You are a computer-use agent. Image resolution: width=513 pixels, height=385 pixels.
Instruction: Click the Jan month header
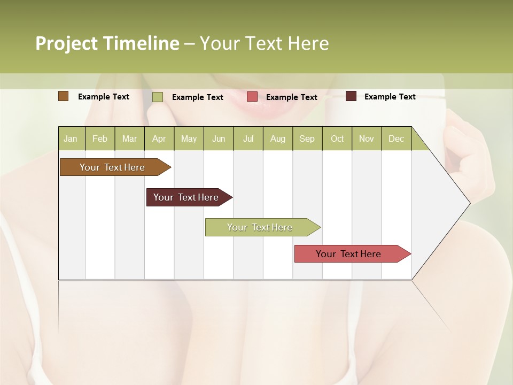71,138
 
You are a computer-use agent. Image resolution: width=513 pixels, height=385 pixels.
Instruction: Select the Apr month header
159,138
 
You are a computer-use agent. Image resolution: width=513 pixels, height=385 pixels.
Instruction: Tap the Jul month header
248,138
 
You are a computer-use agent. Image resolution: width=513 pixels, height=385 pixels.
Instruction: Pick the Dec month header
396,138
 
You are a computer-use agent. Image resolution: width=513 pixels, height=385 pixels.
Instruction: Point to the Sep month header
307,138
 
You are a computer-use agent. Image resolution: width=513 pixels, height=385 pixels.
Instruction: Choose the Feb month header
100,138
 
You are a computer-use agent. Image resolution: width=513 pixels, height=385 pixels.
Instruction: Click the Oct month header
337,138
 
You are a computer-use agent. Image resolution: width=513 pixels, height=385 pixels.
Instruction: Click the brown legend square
63,96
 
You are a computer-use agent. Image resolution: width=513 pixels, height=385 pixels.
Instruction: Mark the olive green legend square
157,97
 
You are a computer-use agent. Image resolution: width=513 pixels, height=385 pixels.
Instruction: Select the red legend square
252,97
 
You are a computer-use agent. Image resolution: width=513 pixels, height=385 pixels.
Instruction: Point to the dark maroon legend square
351,96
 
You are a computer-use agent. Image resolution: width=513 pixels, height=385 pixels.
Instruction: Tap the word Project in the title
66,43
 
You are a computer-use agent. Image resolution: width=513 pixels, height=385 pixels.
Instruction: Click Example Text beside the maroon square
390,97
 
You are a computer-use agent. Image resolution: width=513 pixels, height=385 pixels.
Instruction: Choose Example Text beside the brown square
103,97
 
